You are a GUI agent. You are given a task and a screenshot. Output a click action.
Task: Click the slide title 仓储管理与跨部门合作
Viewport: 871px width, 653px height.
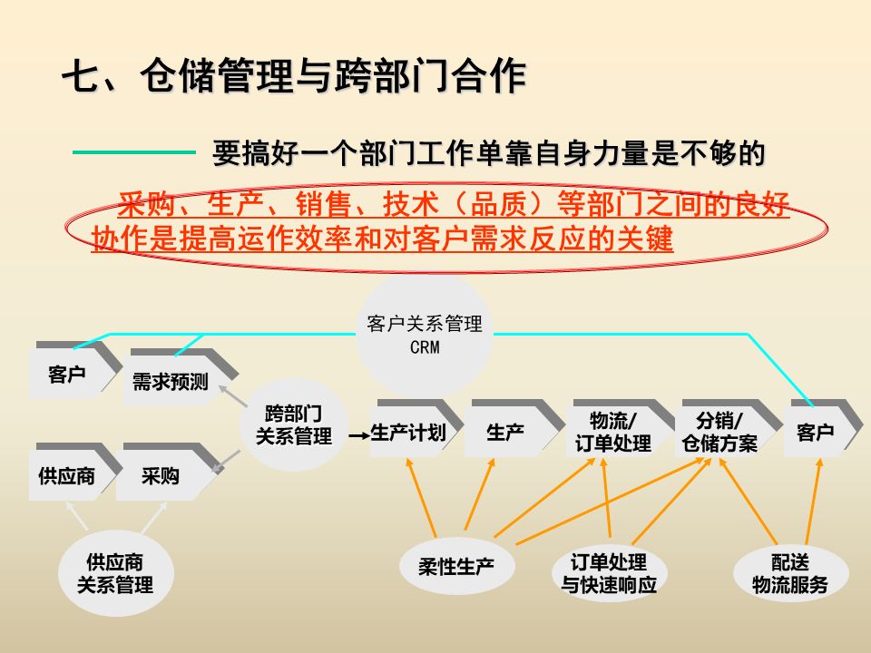[x=293, y=77]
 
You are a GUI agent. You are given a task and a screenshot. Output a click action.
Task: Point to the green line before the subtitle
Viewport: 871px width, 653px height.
[x=133, y=152]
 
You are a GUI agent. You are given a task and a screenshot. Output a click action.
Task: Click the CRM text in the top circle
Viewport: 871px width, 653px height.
[x=424, y=348]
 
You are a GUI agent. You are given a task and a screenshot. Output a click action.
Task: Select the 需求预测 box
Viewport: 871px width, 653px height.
[x=171, y=382]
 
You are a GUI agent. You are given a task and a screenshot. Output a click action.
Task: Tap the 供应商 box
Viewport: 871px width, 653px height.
[x=67, y=475]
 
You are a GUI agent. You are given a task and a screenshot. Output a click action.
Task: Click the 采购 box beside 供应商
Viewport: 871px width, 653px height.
[x=161, y=475]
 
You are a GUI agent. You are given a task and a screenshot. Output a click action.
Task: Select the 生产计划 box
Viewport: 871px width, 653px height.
[x=408, y=433]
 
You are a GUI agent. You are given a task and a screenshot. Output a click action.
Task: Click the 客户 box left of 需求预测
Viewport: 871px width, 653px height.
[x=68, y=373]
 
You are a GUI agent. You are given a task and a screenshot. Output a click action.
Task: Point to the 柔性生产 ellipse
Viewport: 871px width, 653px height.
[x=456, y=568]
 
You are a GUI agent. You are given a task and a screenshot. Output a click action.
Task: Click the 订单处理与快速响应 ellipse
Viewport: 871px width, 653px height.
[x=609, y=574]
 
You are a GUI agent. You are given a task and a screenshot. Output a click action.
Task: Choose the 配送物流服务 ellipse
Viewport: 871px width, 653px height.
[x=790, y=574]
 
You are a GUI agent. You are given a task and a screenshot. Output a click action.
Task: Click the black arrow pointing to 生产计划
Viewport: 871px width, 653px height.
[x=356, y=434]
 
